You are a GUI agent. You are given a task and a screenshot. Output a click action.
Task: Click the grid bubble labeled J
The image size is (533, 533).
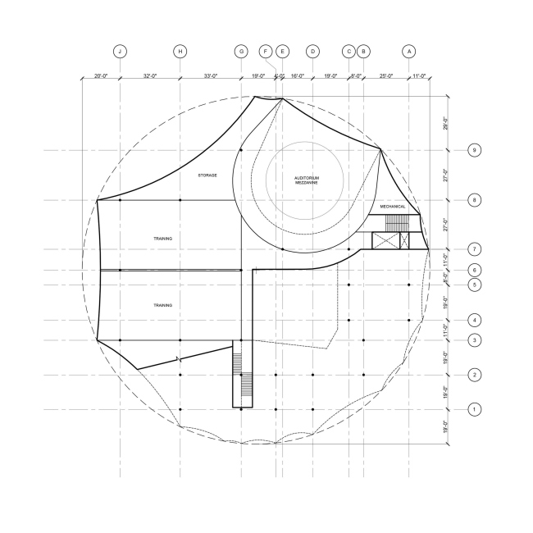(x=121, y=51)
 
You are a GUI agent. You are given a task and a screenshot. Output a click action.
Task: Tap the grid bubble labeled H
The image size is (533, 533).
(x=180, y=51)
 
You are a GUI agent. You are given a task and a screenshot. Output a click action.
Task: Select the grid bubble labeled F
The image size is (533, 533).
(x=266, y=51)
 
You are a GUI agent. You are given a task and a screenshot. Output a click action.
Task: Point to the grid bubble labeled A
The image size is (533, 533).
(x=409, y=51)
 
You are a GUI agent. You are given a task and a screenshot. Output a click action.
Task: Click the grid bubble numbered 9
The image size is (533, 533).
(x=474, y=150)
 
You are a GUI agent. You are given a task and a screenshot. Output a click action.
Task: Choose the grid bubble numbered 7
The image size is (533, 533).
(x=474, y=248)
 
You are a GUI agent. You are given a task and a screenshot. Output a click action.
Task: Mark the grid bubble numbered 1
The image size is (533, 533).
(x=474, y=408)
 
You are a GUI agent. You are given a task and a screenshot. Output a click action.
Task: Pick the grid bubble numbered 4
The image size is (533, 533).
(x=474, y=320)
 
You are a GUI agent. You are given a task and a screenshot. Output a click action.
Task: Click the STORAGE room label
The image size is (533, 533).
(x=207, y=175)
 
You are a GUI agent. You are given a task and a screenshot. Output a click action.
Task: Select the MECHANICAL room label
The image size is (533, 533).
(x=393, y=207)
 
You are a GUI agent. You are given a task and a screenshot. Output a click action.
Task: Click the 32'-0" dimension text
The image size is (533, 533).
(x=150, y=75)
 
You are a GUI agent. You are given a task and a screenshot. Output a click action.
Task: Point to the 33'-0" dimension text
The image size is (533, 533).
(x=210, y=75)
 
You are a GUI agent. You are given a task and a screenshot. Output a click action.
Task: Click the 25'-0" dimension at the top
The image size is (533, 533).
(x=385, y=75)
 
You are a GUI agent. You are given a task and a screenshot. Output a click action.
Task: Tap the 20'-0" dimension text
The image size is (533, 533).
(x=101, y=75)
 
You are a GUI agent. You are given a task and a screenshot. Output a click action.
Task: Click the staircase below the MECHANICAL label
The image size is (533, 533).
(x=396, y=223)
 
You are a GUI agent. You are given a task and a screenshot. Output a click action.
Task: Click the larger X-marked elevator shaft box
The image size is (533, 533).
(x=384, y=240)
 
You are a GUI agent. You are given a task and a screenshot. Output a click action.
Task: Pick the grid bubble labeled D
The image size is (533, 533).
(x=312, y=51)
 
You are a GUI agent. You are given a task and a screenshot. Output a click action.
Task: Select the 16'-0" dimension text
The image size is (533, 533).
(x=297, y=75)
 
